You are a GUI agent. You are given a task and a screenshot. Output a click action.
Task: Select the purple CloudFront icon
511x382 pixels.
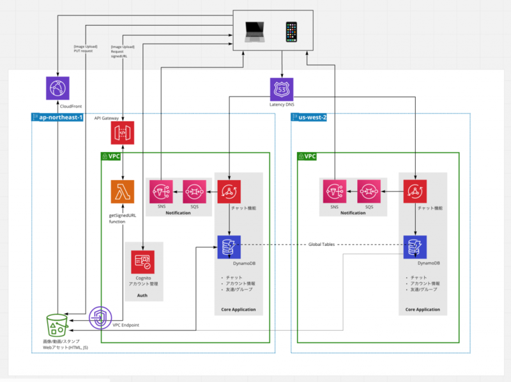click(x=58, y=88)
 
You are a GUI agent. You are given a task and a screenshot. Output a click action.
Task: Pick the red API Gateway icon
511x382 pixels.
click(x=122, y=133)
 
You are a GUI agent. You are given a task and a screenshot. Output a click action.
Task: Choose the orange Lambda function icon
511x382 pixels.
click(x=122, y=192)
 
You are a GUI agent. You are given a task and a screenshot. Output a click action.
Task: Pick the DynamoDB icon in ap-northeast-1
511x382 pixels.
click(x=228, y=246)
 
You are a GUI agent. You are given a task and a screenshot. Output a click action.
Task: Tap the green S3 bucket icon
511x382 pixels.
click(x=57, y=325)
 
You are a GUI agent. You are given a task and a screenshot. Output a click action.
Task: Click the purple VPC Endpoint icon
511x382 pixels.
click(x=100, y=317)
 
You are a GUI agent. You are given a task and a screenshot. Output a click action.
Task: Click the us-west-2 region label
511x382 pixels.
click(x=313, y=118)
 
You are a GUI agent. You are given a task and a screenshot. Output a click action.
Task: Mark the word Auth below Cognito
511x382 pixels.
click(x=143, y=296)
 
